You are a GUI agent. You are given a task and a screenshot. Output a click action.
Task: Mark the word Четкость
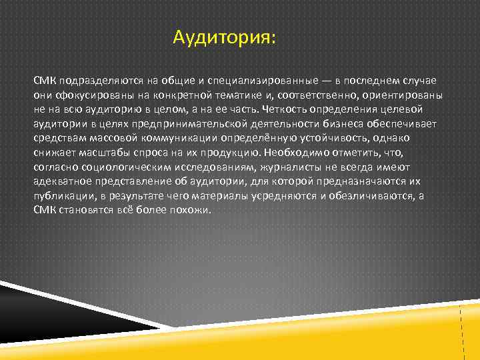pyautogui.click(x=283, y=109)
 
